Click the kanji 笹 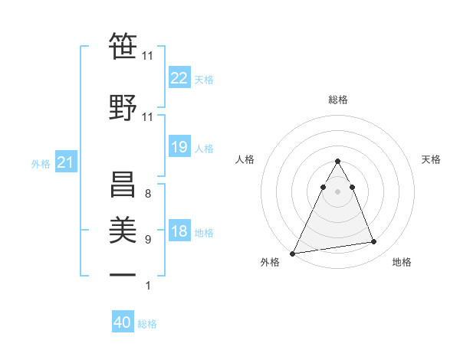click(123, 47)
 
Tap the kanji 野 click(123, 106)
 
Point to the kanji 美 click(123, 229)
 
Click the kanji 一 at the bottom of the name click(123, 274)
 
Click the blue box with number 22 click(179, 77)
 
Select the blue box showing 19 click(179, 147)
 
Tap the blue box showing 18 click(179, 231)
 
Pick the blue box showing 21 click(66, 163)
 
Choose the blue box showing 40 click(123, 322)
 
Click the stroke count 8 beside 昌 click(147, 194)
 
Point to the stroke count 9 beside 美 click(147, 240)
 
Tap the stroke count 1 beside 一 click(147, 286)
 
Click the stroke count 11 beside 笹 click(147, 56)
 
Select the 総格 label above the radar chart click(337, 100)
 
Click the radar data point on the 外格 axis click(292, 254)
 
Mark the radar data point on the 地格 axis click(374, 242)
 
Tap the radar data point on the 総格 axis click(337, 161)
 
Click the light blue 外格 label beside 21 click(41, 164)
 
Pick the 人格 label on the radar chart click(245, 159)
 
